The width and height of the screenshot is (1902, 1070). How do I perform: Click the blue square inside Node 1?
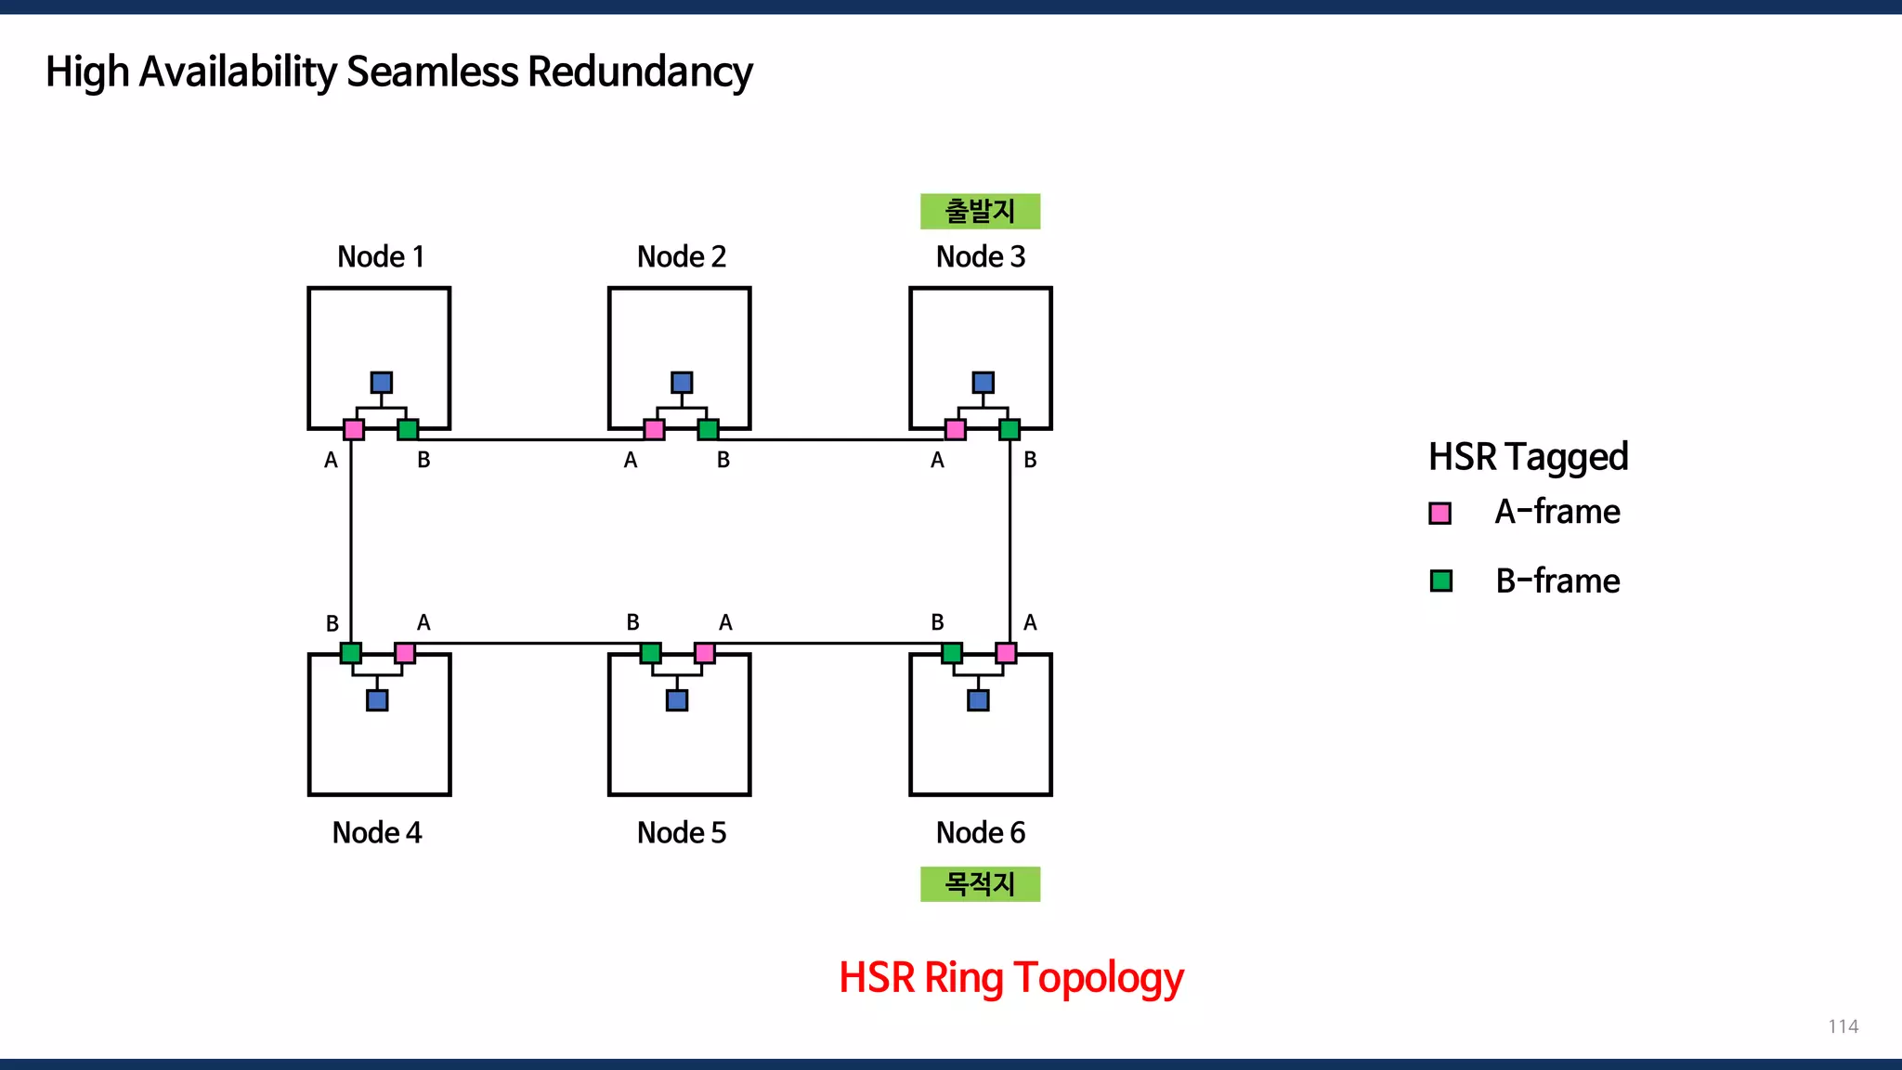click(x=381, y=383)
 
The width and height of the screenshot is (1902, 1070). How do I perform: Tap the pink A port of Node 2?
click(x=654, y=429)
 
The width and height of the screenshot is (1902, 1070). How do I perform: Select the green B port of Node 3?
click(x=1010, y=429)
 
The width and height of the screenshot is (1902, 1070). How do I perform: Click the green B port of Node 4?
click(x=350, y=653)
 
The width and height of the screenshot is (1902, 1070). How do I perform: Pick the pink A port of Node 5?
click(x=705, y=653)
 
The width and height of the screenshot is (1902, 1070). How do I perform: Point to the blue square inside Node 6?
click(x=978, y=700)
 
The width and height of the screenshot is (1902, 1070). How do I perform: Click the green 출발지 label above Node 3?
click(x=980, y=212)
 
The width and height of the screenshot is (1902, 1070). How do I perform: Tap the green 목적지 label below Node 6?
click(x=980, y=883)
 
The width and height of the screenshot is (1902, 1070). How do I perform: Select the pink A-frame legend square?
click(x=1440, y=514)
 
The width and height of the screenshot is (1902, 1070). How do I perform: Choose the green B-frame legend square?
click(x=1440, y=581)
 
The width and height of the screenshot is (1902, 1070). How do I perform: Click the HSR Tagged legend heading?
click(x=1528, y=457)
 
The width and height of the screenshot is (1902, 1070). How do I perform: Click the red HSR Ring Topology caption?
click(x=1010, y=978)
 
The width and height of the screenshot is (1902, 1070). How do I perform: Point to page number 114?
click(x=1843, y=1026)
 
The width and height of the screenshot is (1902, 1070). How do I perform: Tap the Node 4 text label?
click(x=377, y=832)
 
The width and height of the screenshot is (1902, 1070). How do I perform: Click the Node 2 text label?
click(x=681, y=256)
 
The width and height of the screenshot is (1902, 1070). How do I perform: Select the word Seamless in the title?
click(x=432, y=72)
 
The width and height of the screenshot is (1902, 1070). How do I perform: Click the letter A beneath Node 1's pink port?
click(x=331, y=460)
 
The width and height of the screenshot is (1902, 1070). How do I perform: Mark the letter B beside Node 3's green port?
click(x=1030, y=460)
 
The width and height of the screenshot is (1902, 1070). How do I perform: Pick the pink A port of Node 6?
click(x=1006, y=653)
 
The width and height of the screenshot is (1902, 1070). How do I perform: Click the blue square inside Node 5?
click(x=677, y=700)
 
